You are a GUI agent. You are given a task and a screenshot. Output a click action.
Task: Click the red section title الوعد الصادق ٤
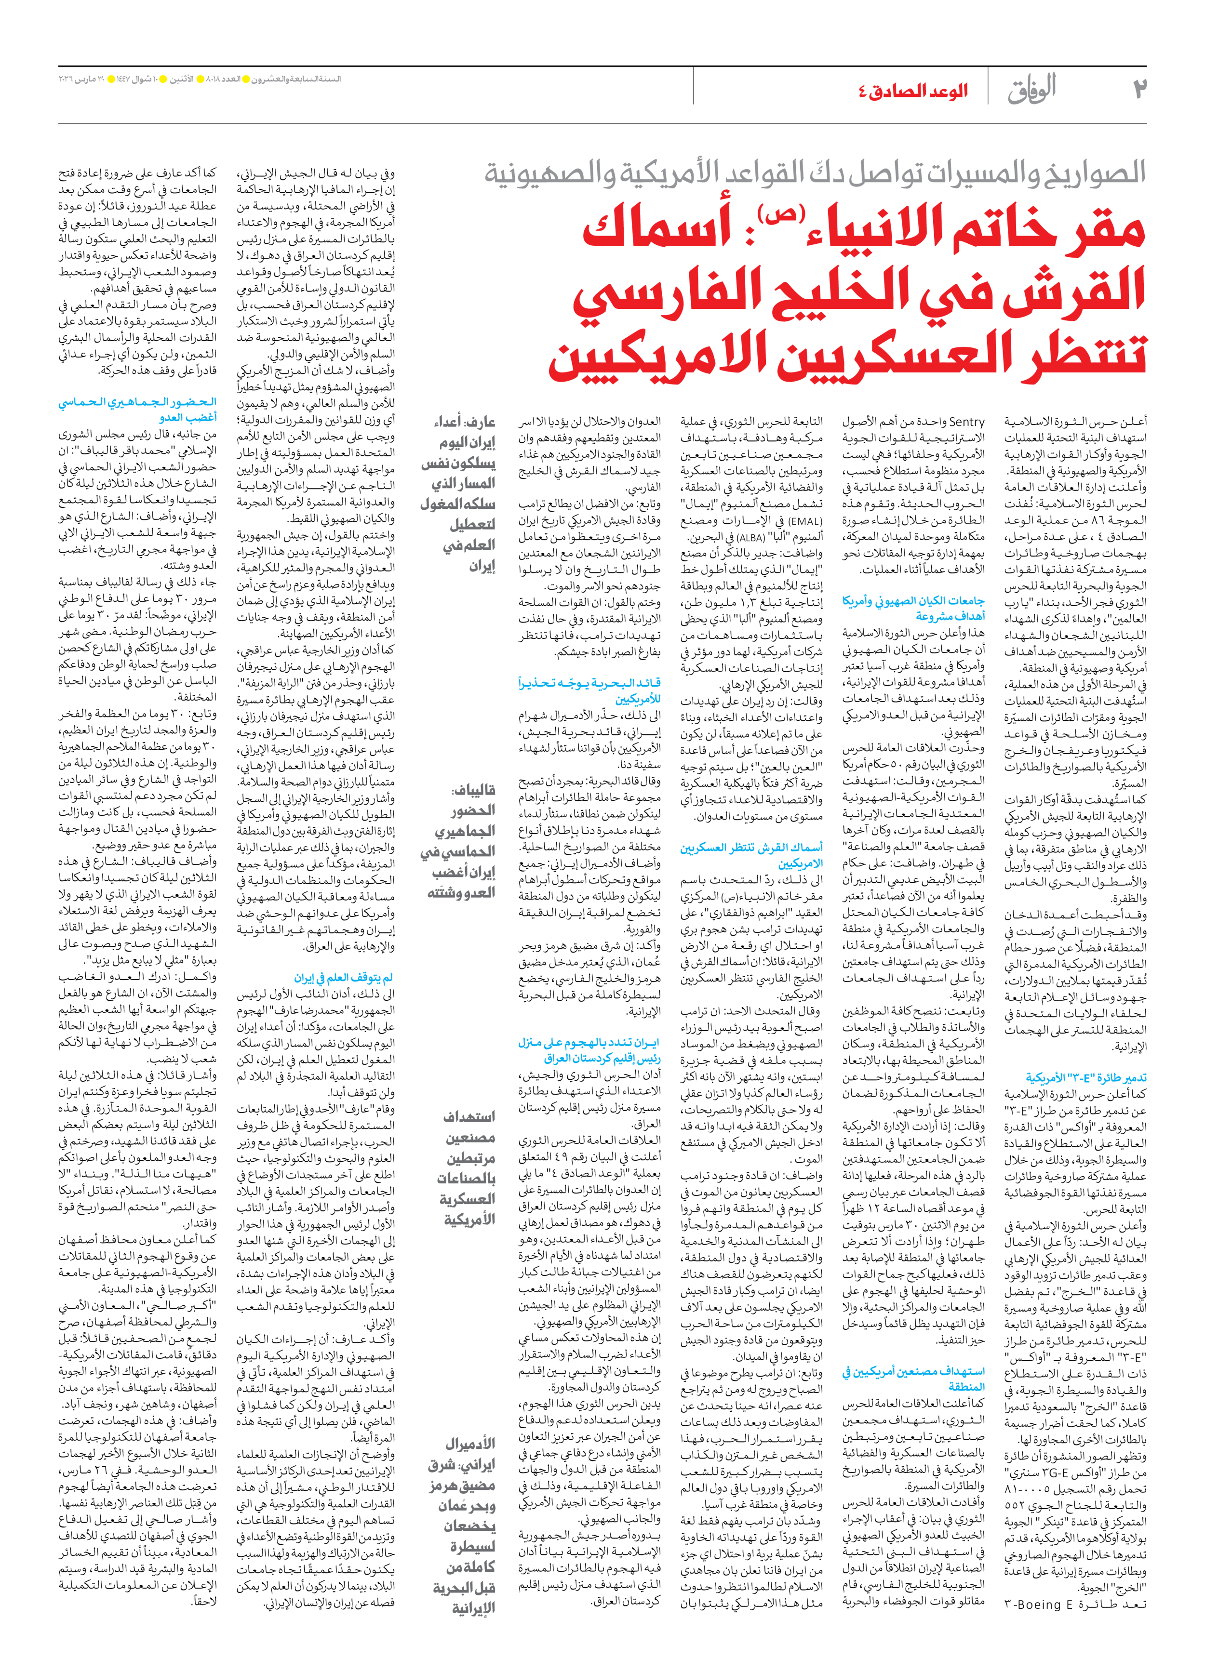click(x=912, y=92)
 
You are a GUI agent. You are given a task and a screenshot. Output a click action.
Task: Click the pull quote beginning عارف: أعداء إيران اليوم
click(x=458, y=493)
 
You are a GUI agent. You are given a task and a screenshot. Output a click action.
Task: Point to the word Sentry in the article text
click(x=966, y=422)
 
